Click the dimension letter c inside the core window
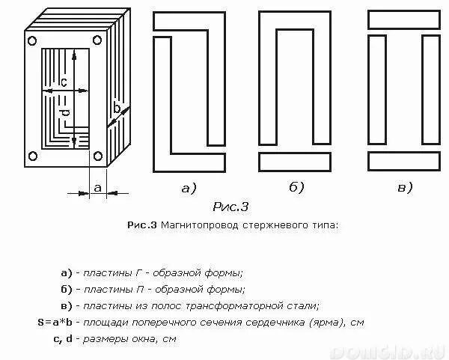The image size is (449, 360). point(64,81)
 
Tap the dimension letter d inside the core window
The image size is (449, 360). point(64,113)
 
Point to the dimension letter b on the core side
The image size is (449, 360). point(117,109)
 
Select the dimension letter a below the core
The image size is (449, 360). point(97,188)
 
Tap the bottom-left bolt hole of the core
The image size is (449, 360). point(32,156)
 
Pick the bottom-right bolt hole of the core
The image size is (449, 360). point(98,156)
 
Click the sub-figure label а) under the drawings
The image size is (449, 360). point(189,188)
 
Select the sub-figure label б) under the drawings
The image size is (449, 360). point(296,188)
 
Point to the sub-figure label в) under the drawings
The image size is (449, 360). point(405,188)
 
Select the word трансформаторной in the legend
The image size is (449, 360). point(242,305)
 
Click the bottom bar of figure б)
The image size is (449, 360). point(296,162)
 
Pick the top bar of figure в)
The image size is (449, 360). point(405,21)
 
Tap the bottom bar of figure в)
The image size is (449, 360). point(405,162)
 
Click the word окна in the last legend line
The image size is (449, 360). point(147,339)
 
